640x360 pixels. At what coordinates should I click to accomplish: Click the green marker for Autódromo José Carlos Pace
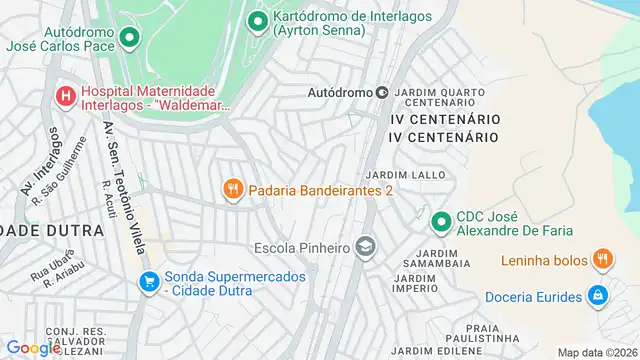coord(129,38)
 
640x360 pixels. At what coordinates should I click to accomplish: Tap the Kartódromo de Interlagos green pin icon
coord(258,20)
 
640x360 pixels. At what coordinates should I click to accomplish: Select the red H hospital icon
coord(66,96)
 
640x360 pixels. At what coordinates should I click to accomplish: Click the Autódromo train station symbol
coord(381,93)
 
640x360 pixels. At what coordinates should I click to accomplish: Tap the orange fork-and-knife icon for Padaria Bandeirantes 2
coord(233,189)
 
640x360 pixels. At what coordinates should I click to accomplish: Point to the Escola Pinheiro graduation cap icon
coord(366,246)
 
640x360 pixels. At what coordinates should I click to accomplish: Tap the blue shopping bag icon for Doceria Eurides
coord(597,296)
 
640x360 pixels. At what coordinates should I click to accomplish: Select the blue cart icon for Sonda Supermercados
coord(149,283)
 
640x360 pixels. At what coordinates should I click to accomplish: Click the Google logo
coord(33,348)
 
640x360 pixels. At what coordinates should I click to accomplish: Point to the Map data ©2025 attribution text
coord(597,352)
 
